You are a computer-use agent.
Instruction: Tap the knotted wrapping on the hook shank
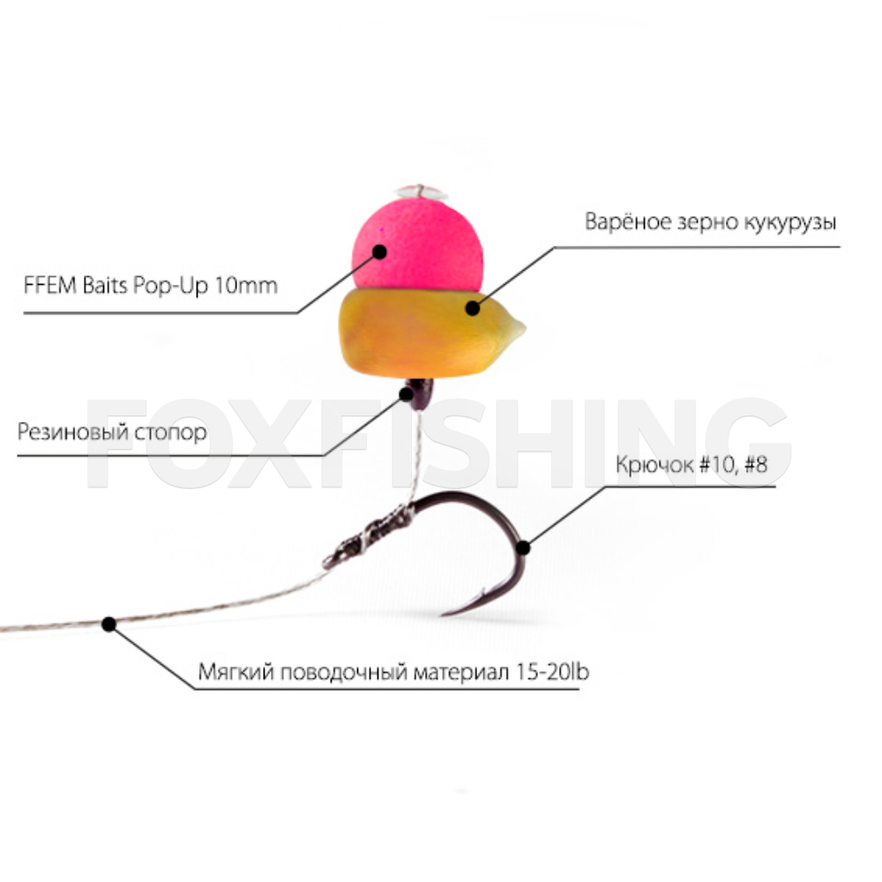(x=370, y=534)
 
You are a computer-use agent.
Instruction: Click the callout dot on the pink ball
(x=380, y=251)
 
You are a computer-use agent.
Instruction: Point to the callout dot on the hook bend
(x=523, y=548)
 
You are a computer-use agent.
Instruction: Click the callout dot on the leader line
(x=108, y=624)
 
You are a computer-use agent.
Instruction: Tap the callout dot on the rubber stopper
(x=407, y=393)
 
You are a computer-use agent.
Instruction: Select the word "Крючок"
(x=652, y=465)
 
